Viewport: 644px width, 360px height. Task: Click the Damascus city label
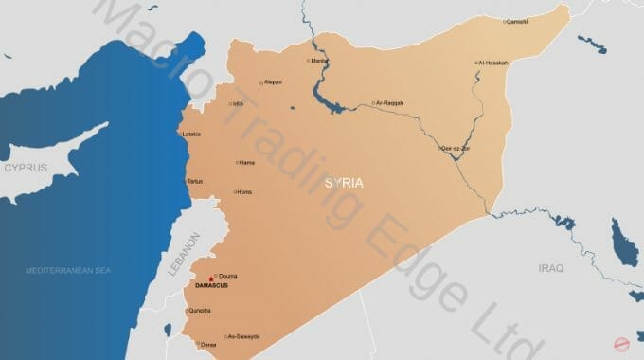pos(210,285)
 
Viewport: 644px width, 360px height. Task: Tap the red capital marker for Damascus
pos(210,279)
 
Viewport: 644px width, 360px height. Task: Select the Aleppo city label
pos(273,82)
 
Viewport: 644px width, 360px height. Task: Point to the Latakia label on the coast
pos(192,134)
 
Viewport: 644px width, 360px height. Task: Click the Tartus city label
pos(195,180)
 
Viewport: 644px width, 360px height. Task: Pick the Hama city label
pos(247,162)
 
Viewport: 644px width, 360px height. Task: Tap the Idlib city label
pos(239,104)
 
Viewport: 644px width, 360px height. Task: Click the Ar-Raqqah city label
pos(390,102)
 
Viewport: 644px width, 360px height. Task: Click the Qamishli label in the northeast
pos(517,21)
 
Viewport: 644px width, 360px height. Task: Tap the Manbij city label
pos(319,62)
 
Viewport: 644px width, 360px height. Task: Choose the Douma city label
pos(227,276)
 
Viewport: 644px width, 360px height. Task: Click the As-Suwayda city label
pos(243,336)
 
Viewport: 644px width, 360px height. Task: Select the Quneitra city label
pos(200,310)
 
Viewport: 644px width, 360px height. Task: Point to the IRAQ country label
pos(550,268)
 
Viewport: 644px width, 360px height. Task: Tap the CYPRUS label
pos(26,167)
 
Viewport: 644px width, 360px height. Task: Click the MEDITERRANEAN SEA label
pos(68,270)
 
